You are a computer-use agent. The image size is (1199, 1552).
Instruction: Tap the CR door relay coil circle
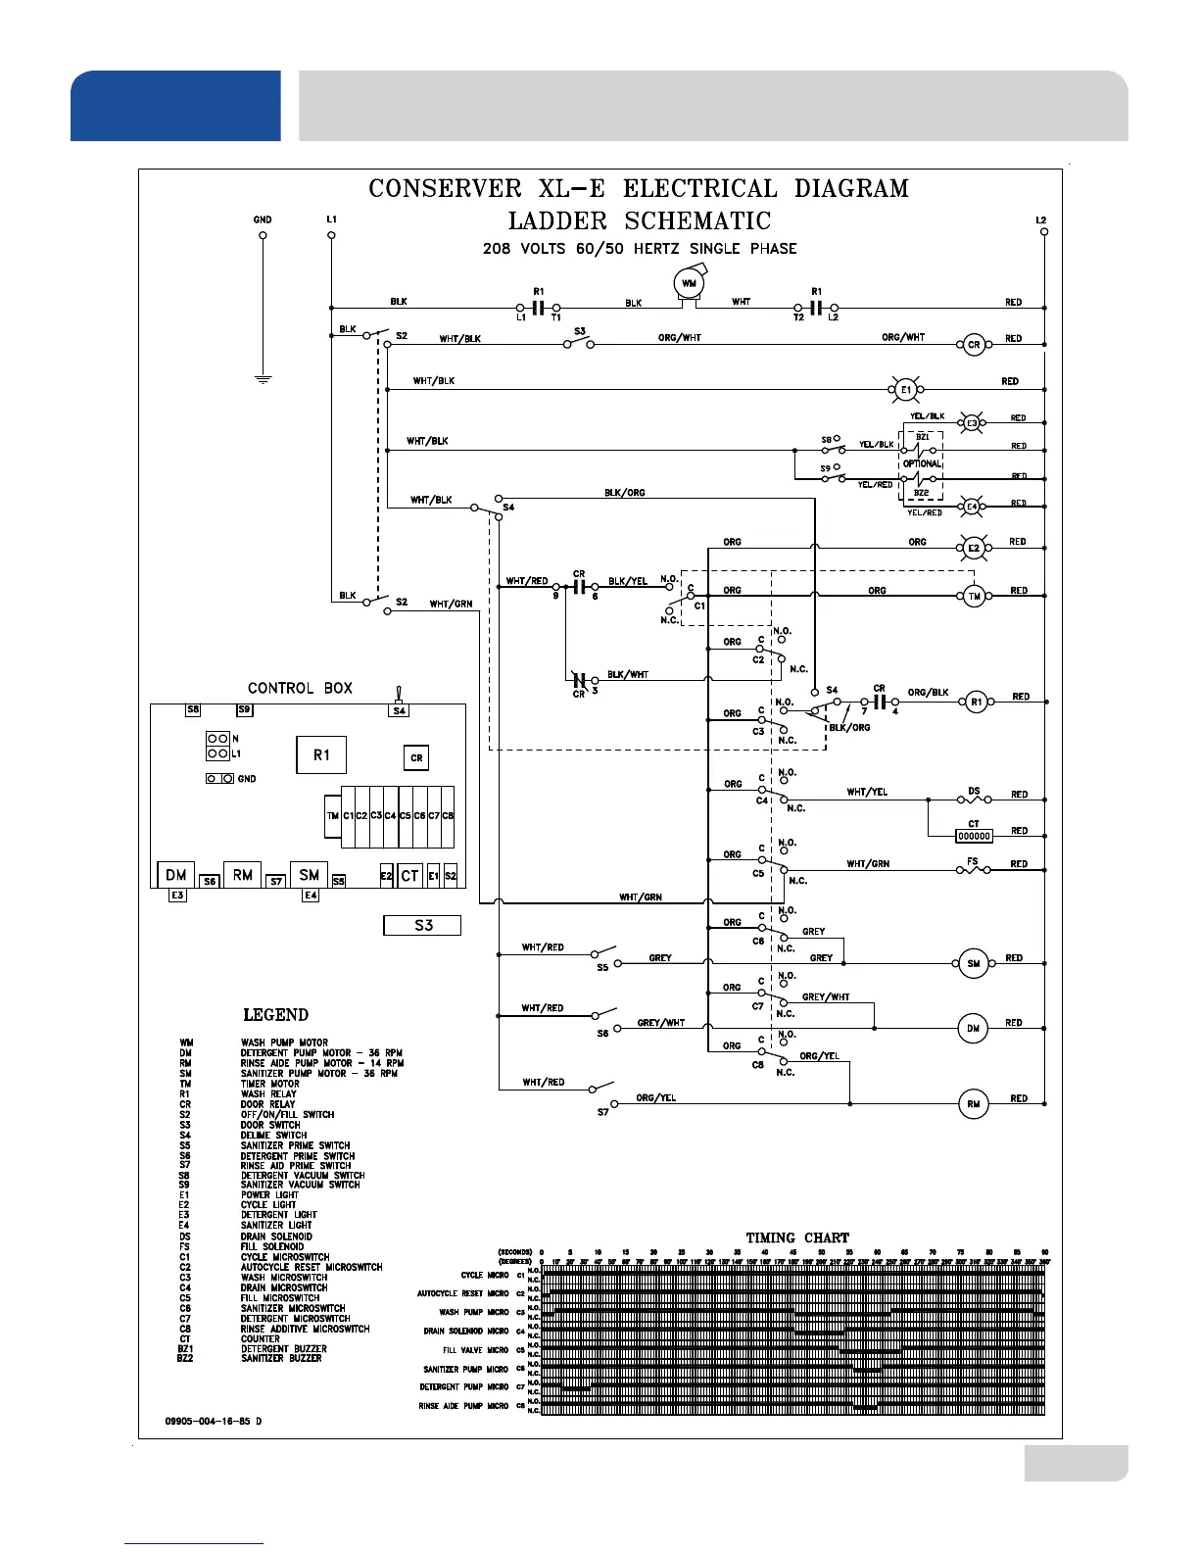coord(974,345)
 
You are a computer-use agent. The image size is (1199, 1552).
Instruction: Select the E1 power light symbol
coord(905,390)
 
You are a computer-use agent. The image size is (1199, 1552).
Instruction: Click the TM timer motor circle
coord(974,596)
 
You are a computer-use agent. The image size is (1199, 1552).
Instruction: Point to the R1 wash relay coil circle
coord(976,702)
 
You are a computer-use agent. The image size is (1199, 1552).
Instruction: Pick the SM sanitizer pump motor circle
coord(973,963)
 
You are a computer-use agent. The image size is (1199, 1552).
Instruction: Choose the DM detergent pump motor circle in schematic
coord(973,1028)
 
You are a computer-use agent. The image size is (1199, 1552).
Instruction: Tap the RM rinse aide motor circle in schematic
coord(973,1104)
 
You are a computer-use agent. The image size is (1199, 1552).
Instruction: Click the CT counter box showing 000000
coord(974,836)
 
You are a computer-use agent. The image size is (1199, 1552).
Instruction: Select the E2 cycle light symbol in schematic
coord(974,549)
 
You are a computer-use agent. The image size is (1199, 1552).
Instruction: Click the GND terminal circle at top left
coord(263,235)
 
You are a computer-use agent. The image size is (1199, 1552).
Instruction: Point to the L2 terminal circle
coord(1044,232)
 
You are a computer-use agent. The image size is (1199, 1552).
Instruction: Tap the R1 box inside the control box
coord(321,754)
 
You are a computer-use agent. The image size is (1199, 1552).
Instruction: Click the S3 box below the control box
coord(422,925)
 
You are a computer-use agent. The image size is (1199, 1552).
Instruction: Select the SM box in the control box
coord(310,875)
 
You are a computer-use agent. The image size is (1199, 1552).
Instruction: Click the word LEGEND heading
coord(275,1015)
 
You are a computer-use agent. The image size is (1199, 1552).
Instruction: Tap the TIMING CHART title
coord(797,1237)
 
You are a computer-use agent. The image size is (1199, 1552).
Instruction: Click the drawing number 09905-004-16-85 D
coord(214,1421)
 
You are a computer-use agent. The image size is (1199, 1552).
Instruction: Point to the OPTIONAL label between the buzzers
coord(922,463)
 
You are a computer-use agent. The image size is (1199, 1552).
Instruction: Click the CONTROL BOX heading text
coord(300,688)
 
